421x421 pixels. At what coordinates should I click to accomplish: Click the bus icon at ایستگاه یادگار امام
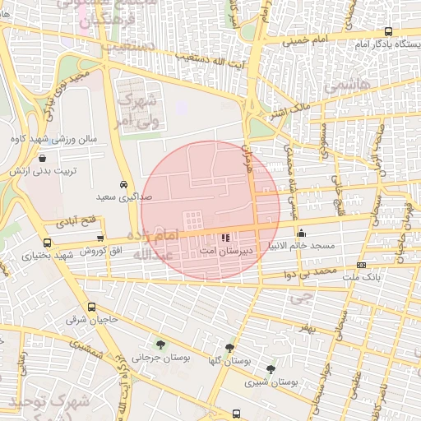[388, 31]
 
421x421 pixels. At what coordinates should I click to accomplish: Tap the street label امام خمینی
[329, 40]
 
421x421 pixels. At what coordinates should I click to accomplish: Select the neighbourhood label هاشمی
[346, 85]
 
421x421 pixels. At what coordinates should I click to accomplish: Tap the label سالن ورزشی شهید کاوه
[65, 139]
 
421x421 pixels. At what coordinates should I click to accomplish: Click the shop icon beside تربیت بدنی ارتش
[42, 157]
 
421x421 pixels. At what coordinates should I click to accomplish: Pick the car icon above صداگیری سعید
[123, 184]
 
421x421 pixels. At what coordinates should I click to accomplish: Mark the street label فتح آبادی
[76, 222]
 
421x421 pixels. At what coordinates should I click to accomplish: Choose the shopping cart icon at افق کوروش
[100, 237]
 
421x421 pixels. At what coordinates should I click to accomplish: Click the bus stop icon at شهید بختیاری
[47, 243]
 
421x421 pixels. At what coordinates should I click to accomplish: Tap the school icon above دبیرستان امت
[226, 237]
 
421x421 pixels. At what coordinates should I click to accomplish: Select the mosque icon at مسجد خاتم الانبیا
[301, 233]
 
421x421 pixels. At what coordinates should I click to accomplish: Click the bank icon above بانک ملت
[362, 265]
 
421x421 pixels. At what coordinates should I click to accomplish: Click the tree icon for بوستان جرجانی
[160, 345]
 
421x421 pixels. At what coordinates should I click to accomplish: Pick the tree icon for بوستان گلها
[229, 348]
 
